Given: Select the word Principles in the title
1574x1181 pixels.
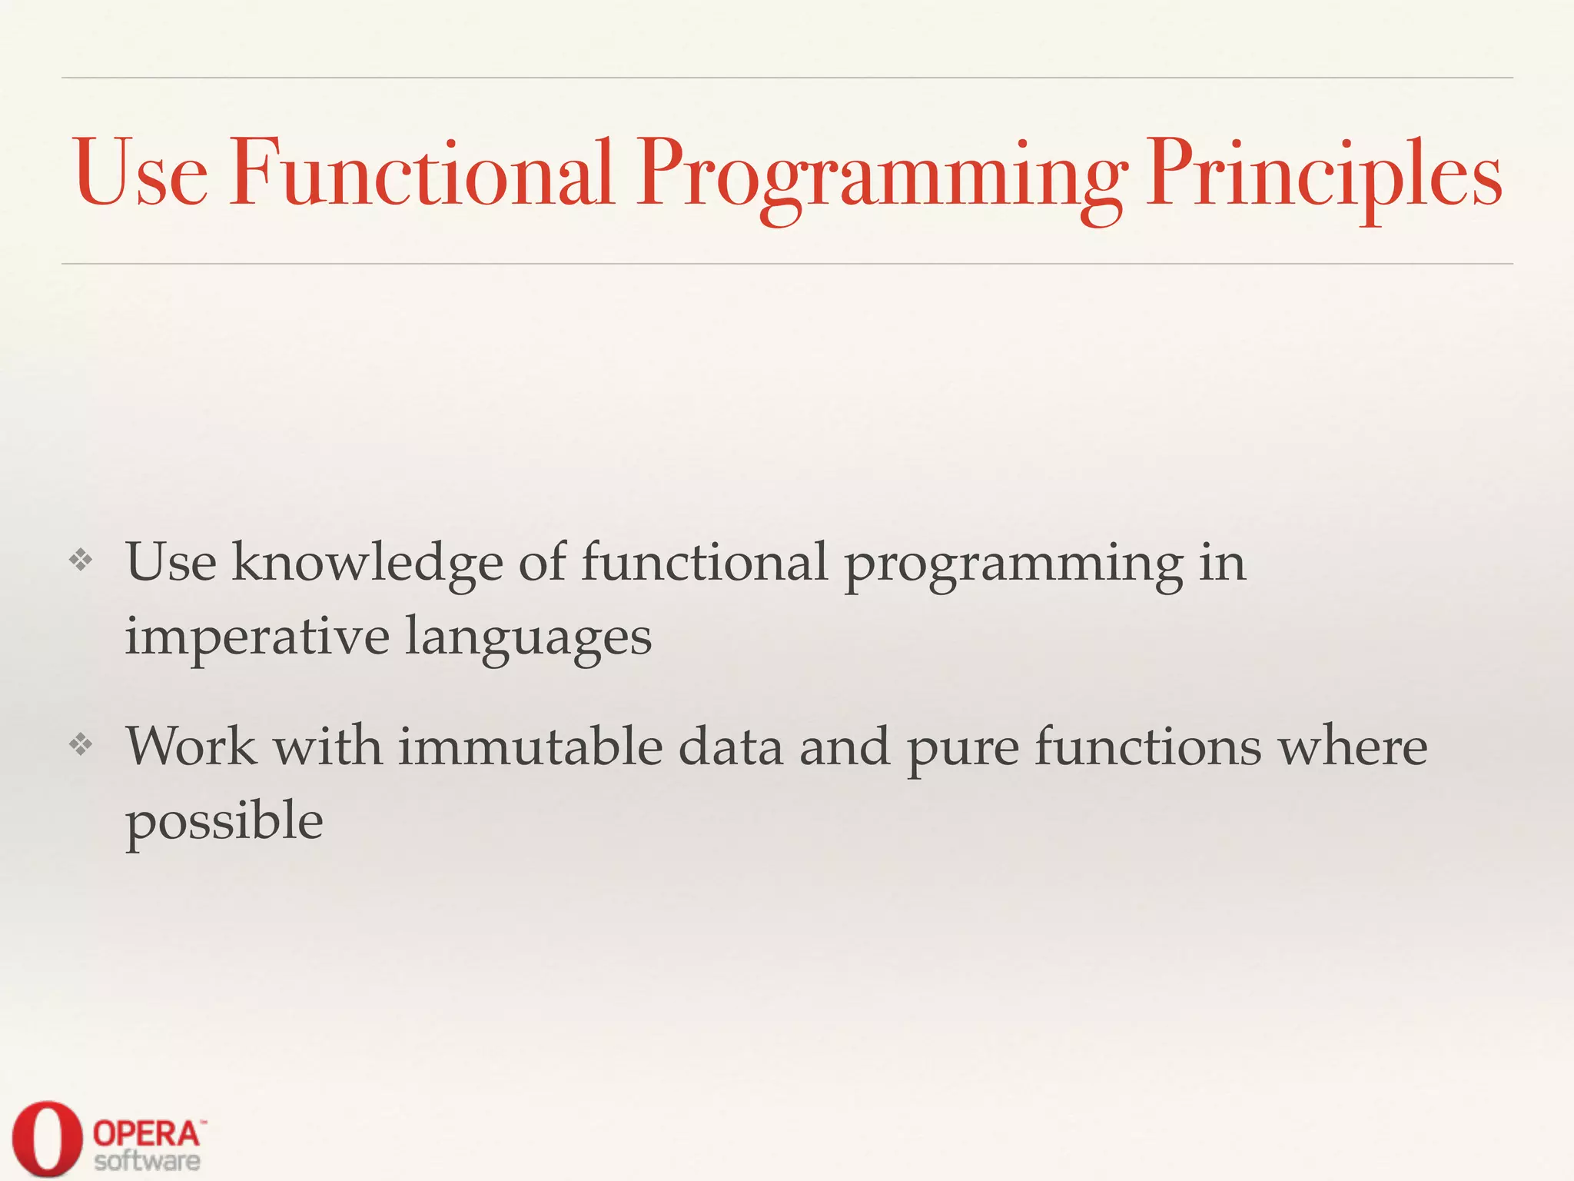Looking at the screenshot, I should click(1323, 175).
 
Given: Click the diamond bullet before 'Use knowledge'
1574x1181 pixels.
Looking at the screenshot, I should click(81, 560).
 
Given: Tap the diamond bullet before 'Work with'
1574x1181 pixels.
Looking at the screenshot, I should click(81, 744).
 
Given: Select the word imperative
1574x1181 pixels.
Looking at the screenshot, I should click(257, 638).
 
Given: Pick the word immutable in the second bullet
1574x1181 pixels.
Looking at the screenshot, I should click(530, 747).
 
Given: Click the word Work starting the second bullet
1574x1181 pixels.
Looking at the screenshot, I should click(191, 747).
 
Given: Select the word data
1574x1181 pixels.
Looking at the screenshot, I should click(730, 747).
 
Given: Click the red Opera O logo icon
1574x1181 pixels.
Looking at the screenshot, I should click(46, 1138).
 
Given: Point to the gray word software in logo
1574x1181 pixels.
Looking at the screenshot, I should click(148, 1161).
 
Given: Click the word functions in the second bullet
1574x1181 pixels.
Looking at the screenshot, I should click(1147, 747).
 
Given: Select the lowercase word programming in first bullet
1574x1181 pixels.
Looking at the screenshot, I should click(1014, 566).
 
